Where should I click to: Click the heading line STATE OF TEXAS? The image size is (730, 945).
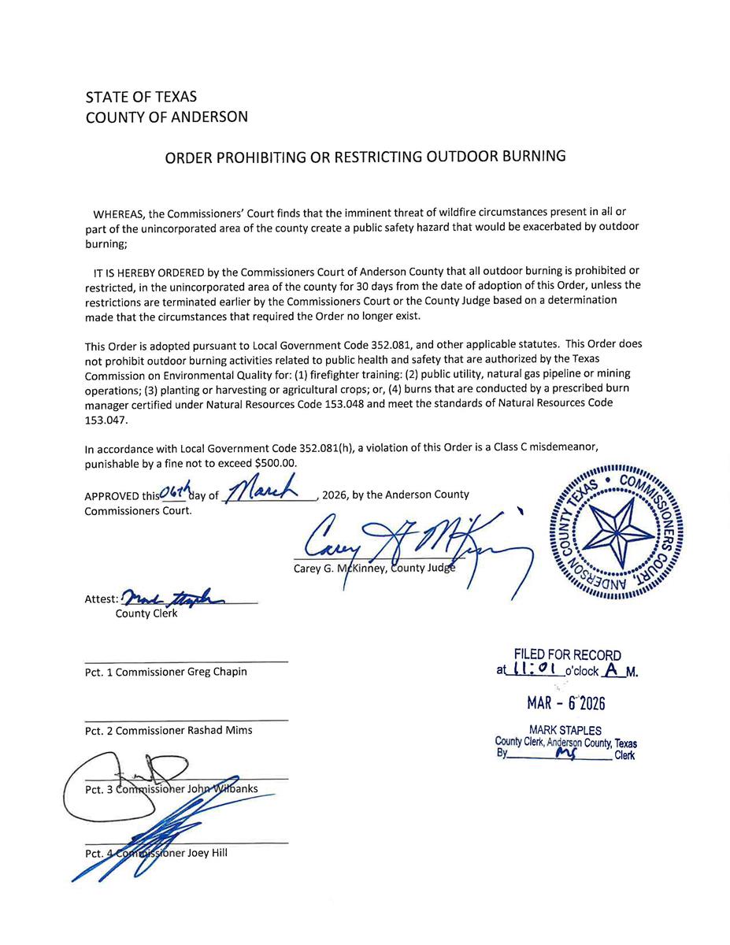(x=141, y=98)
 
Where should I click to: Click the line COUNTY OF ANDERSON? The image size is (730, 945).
(x=166, y=117)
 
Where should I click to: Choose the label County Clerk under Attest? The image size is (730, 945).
(x=146, y=613)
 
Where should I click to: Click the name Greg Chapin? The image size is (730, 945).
(x=217, y=672)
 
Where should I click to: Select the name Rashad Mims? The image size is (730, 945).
(x=219, y=730)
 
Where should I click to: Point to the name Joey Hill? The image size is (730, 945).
(x=207, y=853)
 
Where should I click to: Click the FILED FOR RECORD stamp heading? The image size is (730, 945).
(x=567, y=655)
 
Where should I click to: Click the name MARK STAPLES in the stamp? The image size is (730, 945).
(x=566, y=731)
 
